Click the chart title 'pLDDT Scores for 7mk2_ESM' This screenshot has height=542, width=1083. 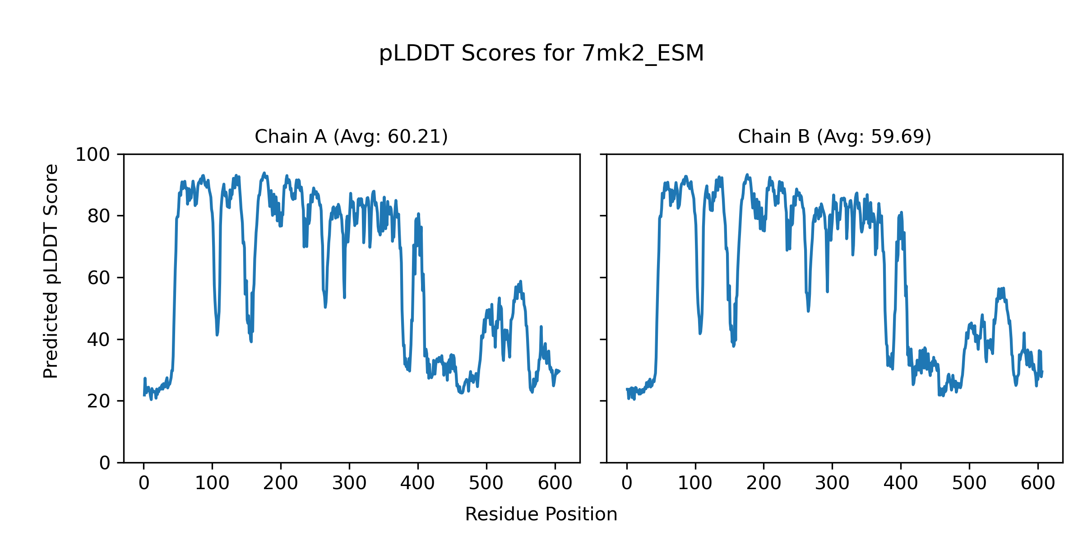click(x=541, y=54)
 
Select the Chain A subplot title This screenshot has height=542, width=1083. click(x=351, y=136)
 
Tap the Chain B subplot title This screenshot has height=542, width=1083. click(x=834, y=136)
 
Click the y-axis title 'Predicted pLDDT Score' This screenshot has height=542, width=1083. click(x=51, y=271)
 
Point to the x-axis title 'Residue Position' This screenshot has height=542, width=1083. click(x=541, y=514)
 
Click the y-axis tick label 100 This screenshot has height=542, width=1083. click(x=93, y=155)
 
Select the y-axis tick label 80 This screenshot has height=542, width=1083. click(x=99, y=216)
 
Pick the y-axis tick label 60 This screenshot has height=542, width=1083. click(x=99, y=278)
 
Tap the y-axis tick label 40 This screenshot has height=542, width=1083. click(x=99, y=340)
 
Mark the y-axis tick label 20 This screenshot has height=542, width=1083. click(x=99, y=401)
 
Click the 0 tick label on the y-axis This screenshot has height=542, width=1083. click(x=105, y=463)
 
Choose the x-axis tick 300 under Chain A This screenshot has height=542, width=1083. click(x=349, y=484)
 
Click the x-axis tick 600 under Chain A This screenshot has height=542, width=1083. click(x=555, y=484)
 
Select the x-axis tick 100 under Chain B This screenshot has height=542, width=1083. click(x=695, y=484)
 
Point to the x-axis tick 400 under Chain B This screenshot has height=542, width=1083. click(x=901, y=484)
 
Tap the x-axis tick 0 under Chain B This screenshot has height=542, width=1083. click(x=627, y=484)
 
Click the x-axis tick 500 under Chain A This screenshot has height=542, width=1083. click(x=486, y=484)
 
